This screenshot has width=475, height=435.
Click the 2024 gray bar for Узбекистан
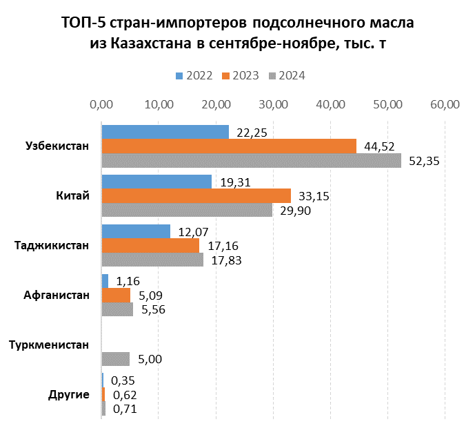click(251, 160)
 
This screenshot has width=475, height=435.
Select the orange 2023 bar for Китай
click(196, 195)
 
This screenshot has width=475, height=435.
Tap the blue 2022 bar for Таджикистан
click(135, 231)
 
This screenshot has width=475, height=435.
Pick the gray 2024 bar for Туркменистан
click(115, 358)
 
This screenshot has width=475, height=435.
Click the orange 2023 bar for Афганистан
click(115, 295)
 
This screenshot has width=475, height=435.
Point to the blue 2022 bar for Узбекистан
click(165, 132)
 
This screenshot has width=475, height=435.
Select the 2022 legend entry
click(194, 76)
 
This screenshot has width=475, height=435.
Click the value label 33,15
click(313, 196)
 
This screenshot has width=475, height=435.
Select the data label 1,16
click(128, 281)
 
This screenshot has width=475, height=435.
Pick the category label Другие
click(69, 394)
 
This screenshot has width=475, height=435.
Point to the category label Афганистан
click(57, 295)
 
